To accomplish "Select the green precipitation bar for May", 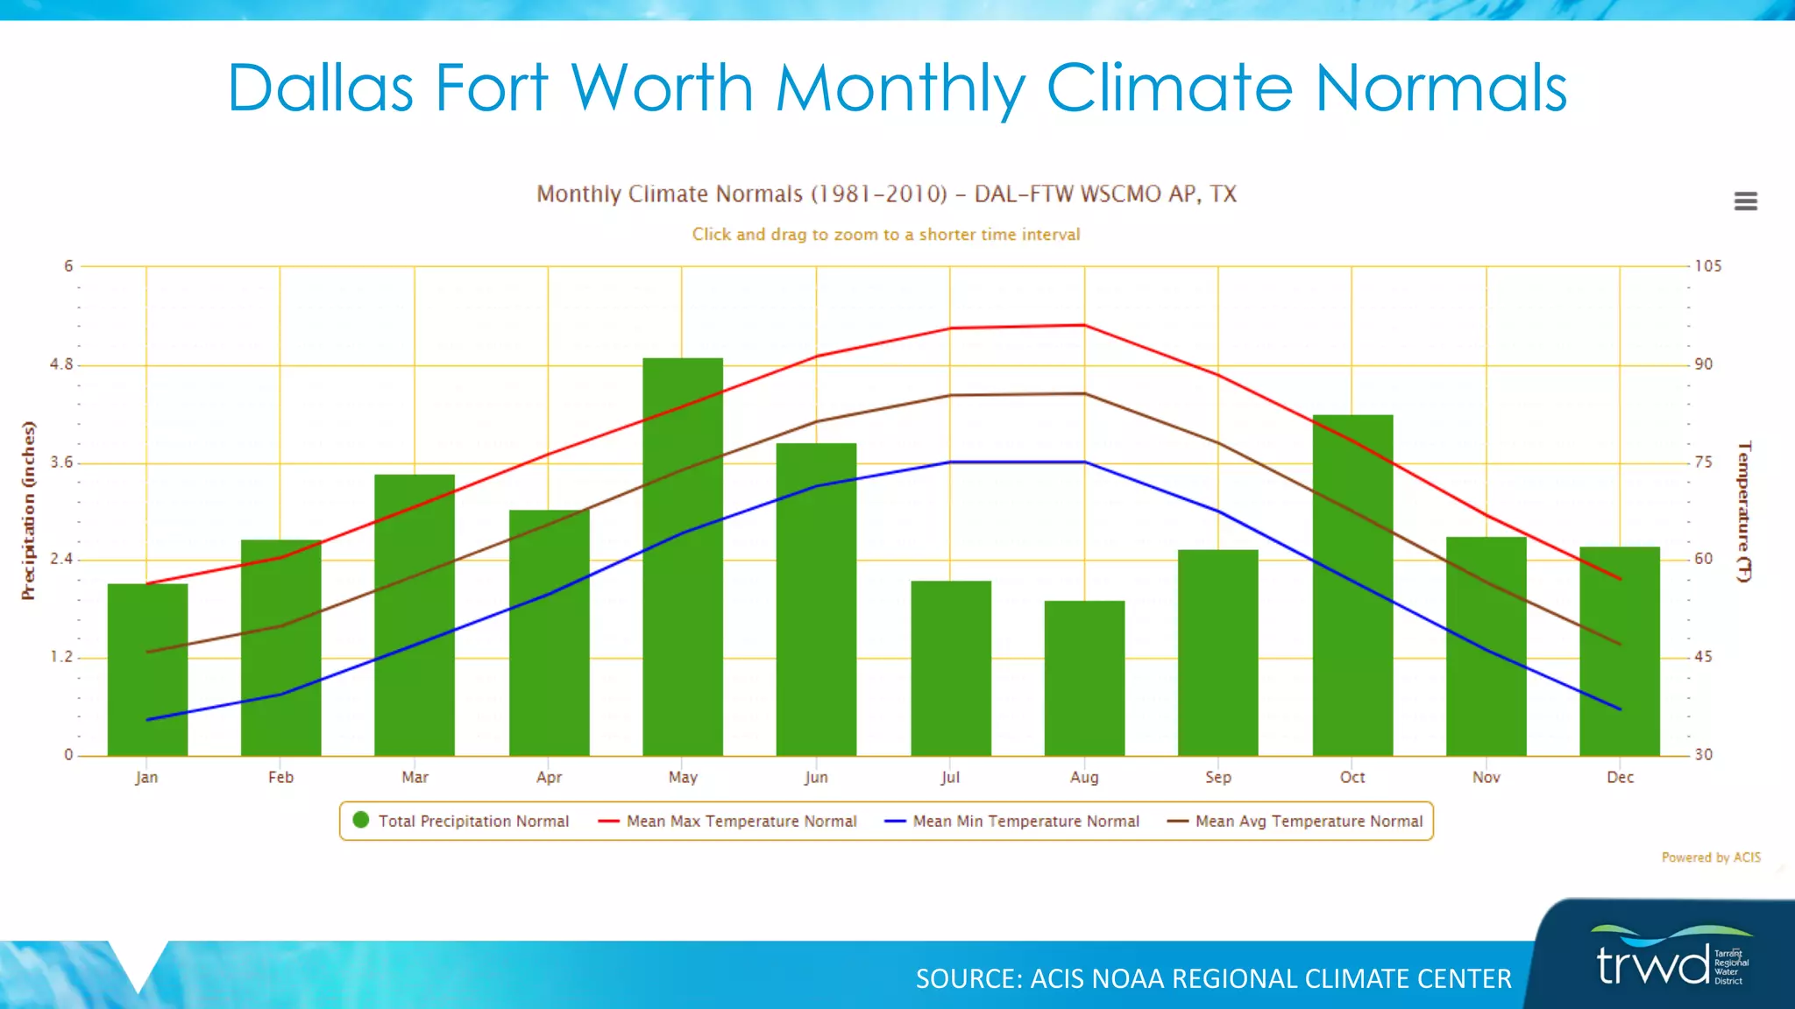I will click(682, 561).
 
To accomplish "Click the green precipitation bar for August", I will click(1084, 679).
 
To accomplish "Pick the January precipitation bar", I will click(147, 670).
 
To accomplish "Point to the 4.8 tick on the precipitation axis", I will click(61, 364).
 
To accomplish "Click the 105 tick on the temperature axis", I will click(1707, 265).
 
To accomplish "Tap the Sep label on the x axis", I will click(1217, 777).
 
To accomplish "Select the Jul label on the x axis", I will click(950, 777).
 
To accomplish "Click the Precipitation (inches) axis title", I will click(29, 511).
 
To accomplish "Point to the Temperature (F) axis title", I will click(1744, 511).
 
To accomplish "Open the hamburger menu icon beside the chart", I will click(1745, 201).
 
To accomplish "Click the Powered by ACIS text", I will click(1710, 857).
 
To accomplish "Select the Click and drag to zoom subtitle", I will click(885, 234).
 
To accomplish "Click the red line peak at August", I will click(1084, 325).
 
